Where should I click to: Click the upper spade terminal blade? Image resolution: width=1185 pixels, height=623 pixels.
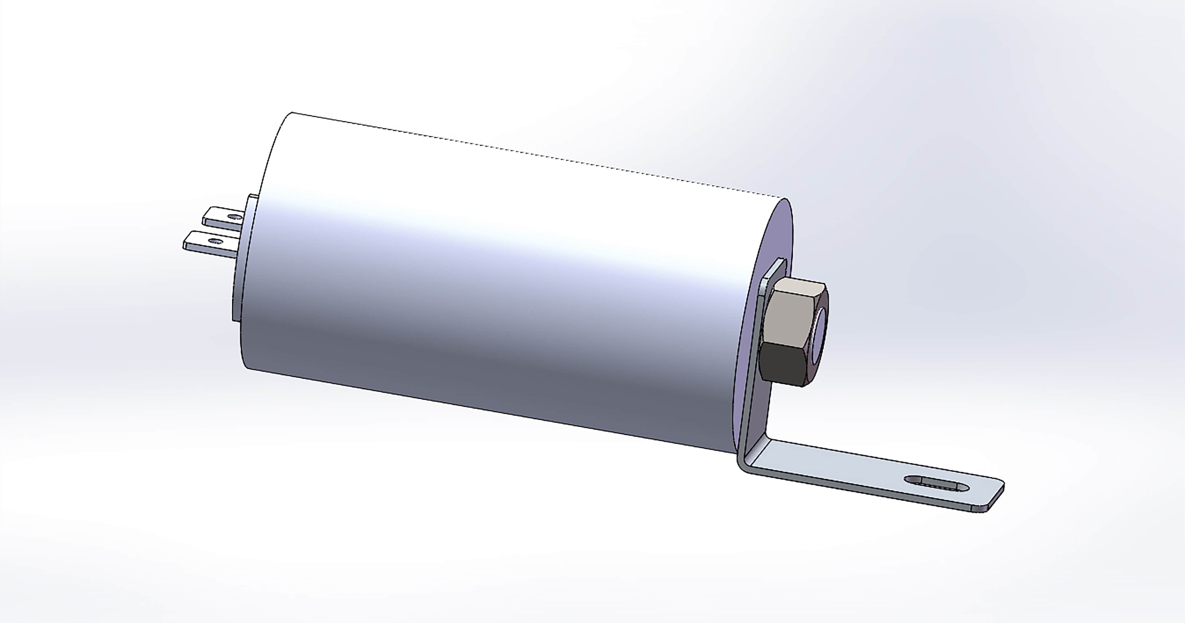[x=221, y=218]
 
